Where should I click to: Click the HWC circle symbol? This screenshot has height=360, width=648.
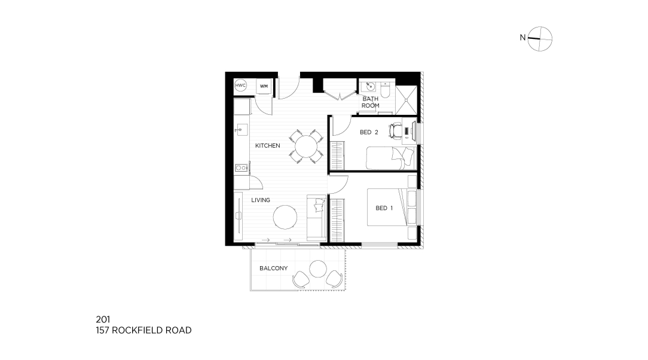pyautogui.click(x=240, y=86)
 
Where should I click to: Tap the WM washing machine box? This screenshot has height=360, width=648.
pyautogui.click(x=264, y=86)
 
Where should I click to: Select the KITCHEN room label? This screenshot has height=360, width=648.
pyautogui.click(x=268, y=145)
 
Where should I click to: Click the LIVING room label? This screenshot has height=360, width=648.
pyautogui.click(x=261, y=200)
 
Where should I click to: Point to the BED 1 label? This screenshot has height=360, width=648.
pyautogui.click(x=384, y=208)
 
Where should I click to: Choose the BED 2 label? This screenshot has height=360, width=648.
pyautogui.click(x=369, y=132)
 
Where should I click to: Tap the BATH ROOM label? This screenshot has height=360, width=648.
pyautogui.click(x=370, y=102)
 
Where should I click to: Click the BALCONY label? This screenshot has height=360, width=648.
pyautogui.click(x=274, y=269)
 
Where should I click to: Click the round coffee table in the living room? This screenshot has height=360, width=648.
pyautogui.click(x=285, y=217)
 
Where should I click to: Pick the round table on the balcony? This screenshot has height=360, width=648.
pyautogui.click(x=318, y=269)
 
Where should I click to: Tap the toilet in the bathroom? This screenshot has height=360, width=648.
pyautogui.click(x=385, y=90)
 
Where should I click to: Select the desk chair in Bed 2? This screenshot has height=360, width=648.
pyautogui.click(x=396, y=130)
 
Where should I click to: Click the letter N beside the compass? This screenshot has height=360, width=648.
pyautogui.click(x=522, y=38)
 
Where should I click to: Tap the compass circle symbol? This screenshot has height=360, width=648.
pyautogui.click(x=540, y=39)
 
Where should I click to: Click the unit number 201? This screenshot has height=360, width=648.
pyautogui.click(x=103, y=319)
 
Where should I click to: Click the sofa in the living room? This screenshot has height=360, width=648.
pyautogui.click(x=317, y=218)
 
